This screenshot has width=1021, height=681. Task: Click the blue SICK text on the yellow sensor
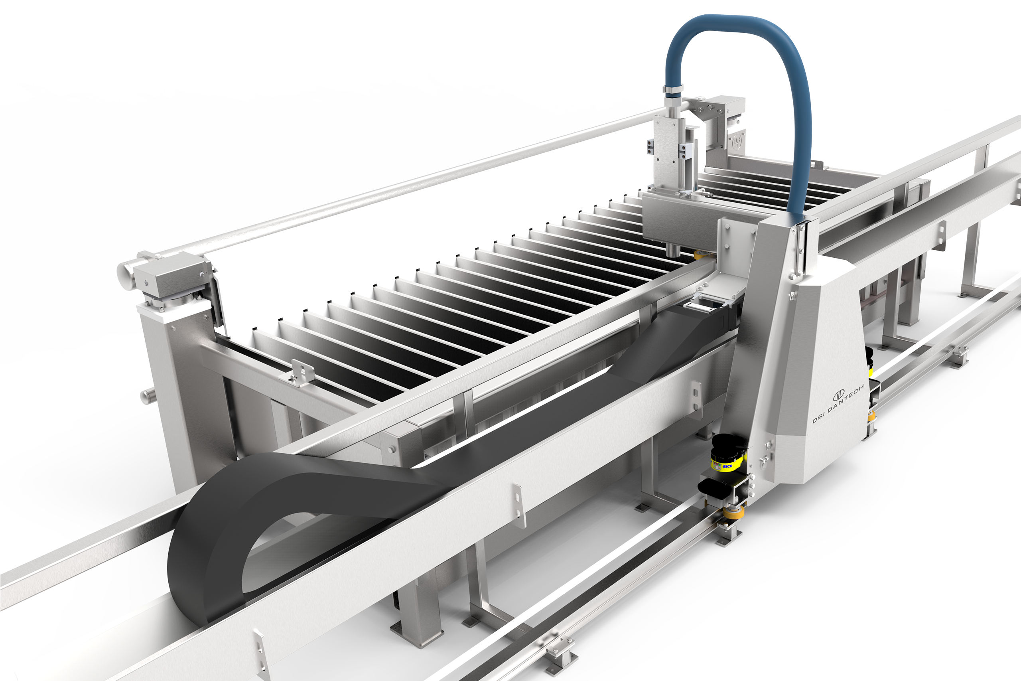[x=727, y=466]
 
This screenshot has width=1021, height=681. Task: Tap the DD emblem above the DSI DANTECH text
[x=838, y=395]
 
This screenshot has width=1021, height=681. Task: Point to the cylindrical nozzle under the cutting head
[x=672, y=251]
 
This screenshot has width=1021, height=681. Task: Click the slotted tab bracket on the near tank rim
[x=300, y=372]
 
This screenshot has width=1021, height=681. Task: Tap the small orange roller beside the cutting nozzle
[x=698, y=255]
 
